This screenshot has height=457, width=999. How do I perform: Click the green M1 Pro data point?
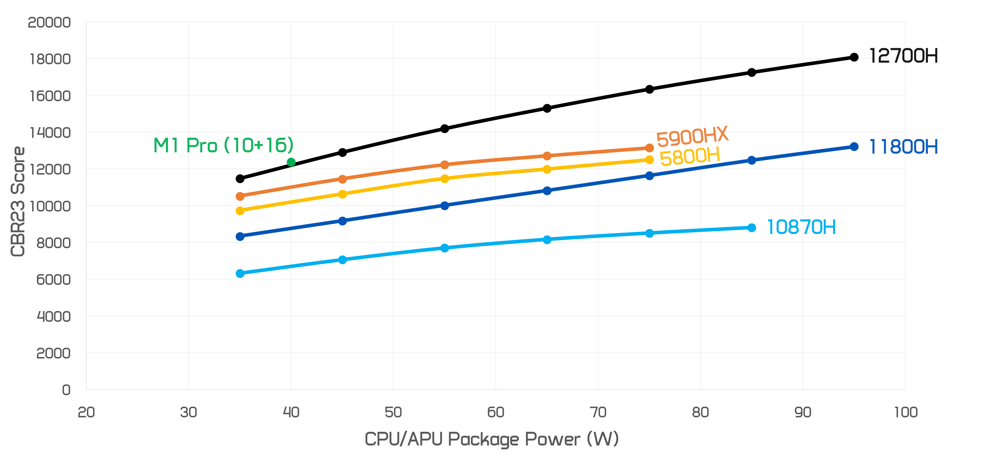click(291, 162)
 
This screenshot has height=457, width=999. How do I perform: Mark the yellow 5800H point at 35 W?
click(240, 210)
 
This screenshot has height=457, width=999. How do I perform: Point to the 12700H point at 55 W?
click(445, 129)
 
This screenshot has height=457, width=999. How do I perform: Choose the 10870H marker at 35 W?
click(240, 273)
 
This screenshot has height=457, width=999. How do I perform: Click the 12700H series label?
click(903, 56)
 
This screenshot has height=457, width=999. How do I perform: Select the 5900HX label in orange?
click(692, 136)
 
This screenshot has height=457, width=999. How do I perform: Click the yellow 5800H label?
click(690, 156)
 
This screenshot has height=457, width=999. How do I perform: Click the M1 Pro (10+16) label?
click(223, 145)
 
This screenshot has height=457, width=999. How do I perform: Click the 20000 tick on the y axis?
click(49, 22)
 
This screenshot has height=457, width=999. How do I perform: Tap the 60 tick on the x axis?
click(495, 412)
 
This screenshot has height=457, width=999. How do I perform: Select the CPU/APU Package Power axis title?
click(491, 439)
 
